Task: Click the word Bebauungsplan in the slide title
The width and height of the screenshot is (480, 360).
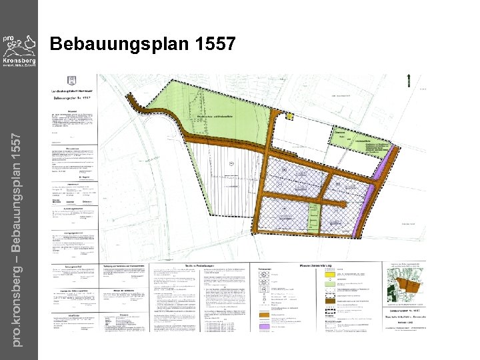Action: (120, 45)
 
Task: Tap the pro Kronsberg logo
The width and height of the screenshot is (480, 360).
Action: (19, 50)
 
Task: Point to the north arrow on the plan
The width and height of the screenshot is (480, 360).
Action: (408, 80)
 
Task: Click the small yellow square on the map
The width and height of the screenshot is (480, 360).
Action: (290, 117)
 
